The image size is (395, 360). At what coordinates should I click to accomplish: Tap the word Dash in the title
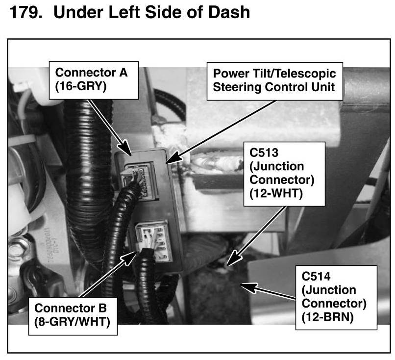[x=230, y=12]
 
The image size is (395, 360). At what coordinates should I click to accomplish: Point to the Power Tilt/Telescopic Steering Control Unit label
[x=274, y=81]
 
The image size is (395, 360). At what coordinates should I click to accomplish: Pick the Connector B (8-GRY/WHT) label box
[x=76, y=315]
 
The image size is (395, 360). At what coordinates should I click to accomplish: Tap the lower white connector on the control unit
[x=153, y=239]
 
